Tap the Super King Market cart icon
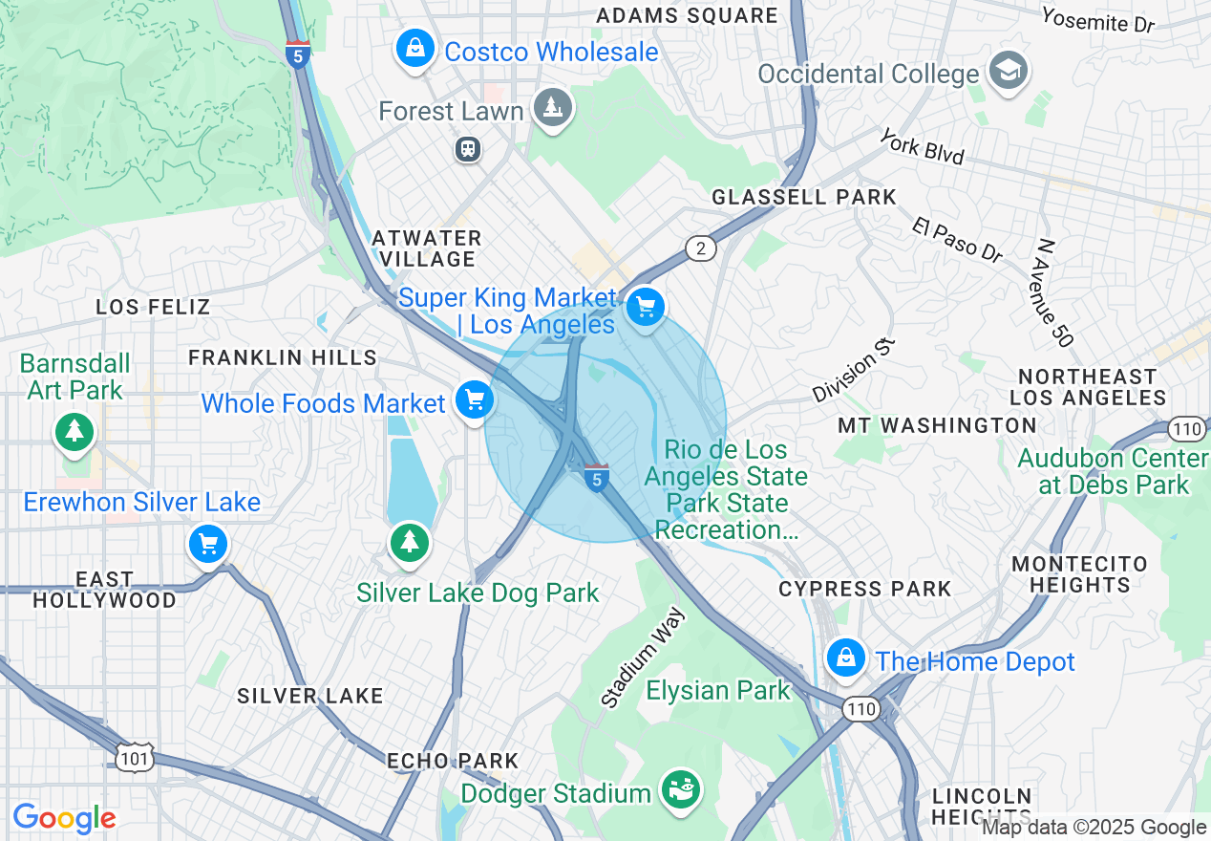click(646, 308)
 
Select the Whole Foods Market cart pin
click(474, 400)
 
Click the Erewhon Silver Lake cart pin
click(207, 545)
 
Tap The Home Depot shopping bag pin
click(845, 658)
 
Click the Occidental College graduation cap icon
click(1007, 72)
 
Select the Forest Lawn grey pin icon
click(552, 108)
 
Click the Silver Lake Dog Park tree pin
click(410, 542)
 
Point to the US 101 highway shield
click(130, 757)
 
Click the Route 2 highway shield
click(700, 249)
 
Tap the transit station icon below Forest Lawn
click(468, 149)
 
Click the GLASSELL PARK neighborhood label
click(804, 197)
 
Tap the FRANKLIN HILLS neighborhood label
click(283, 357)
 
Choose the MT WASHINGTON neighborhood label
click(937, 425)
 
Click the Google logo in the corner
click(64, 818)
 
